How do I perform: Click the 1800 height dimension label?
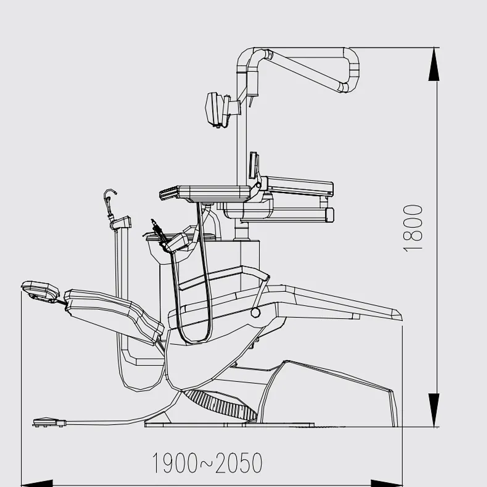click(x=413, y=228)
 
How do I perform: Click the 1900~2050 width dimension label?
click(x=207, y=463)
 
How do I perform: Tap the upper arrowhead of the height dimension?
click(x=434, y=65)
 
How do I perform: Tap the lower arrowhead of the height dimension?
click(x=434, y=410)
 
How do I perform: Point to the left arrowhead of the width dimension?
click(x=37, y=483)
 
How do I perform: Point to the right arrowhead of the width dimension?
click(x=387, y=483)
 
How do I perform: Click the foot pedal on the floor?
click(x=49, y=422)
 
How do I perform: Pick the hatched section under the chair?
click(x=220, y=404)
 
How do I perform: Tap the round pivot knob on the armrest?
click(x=255, y=312)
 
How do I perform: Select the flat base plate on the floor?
click(x=229, y=425)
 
